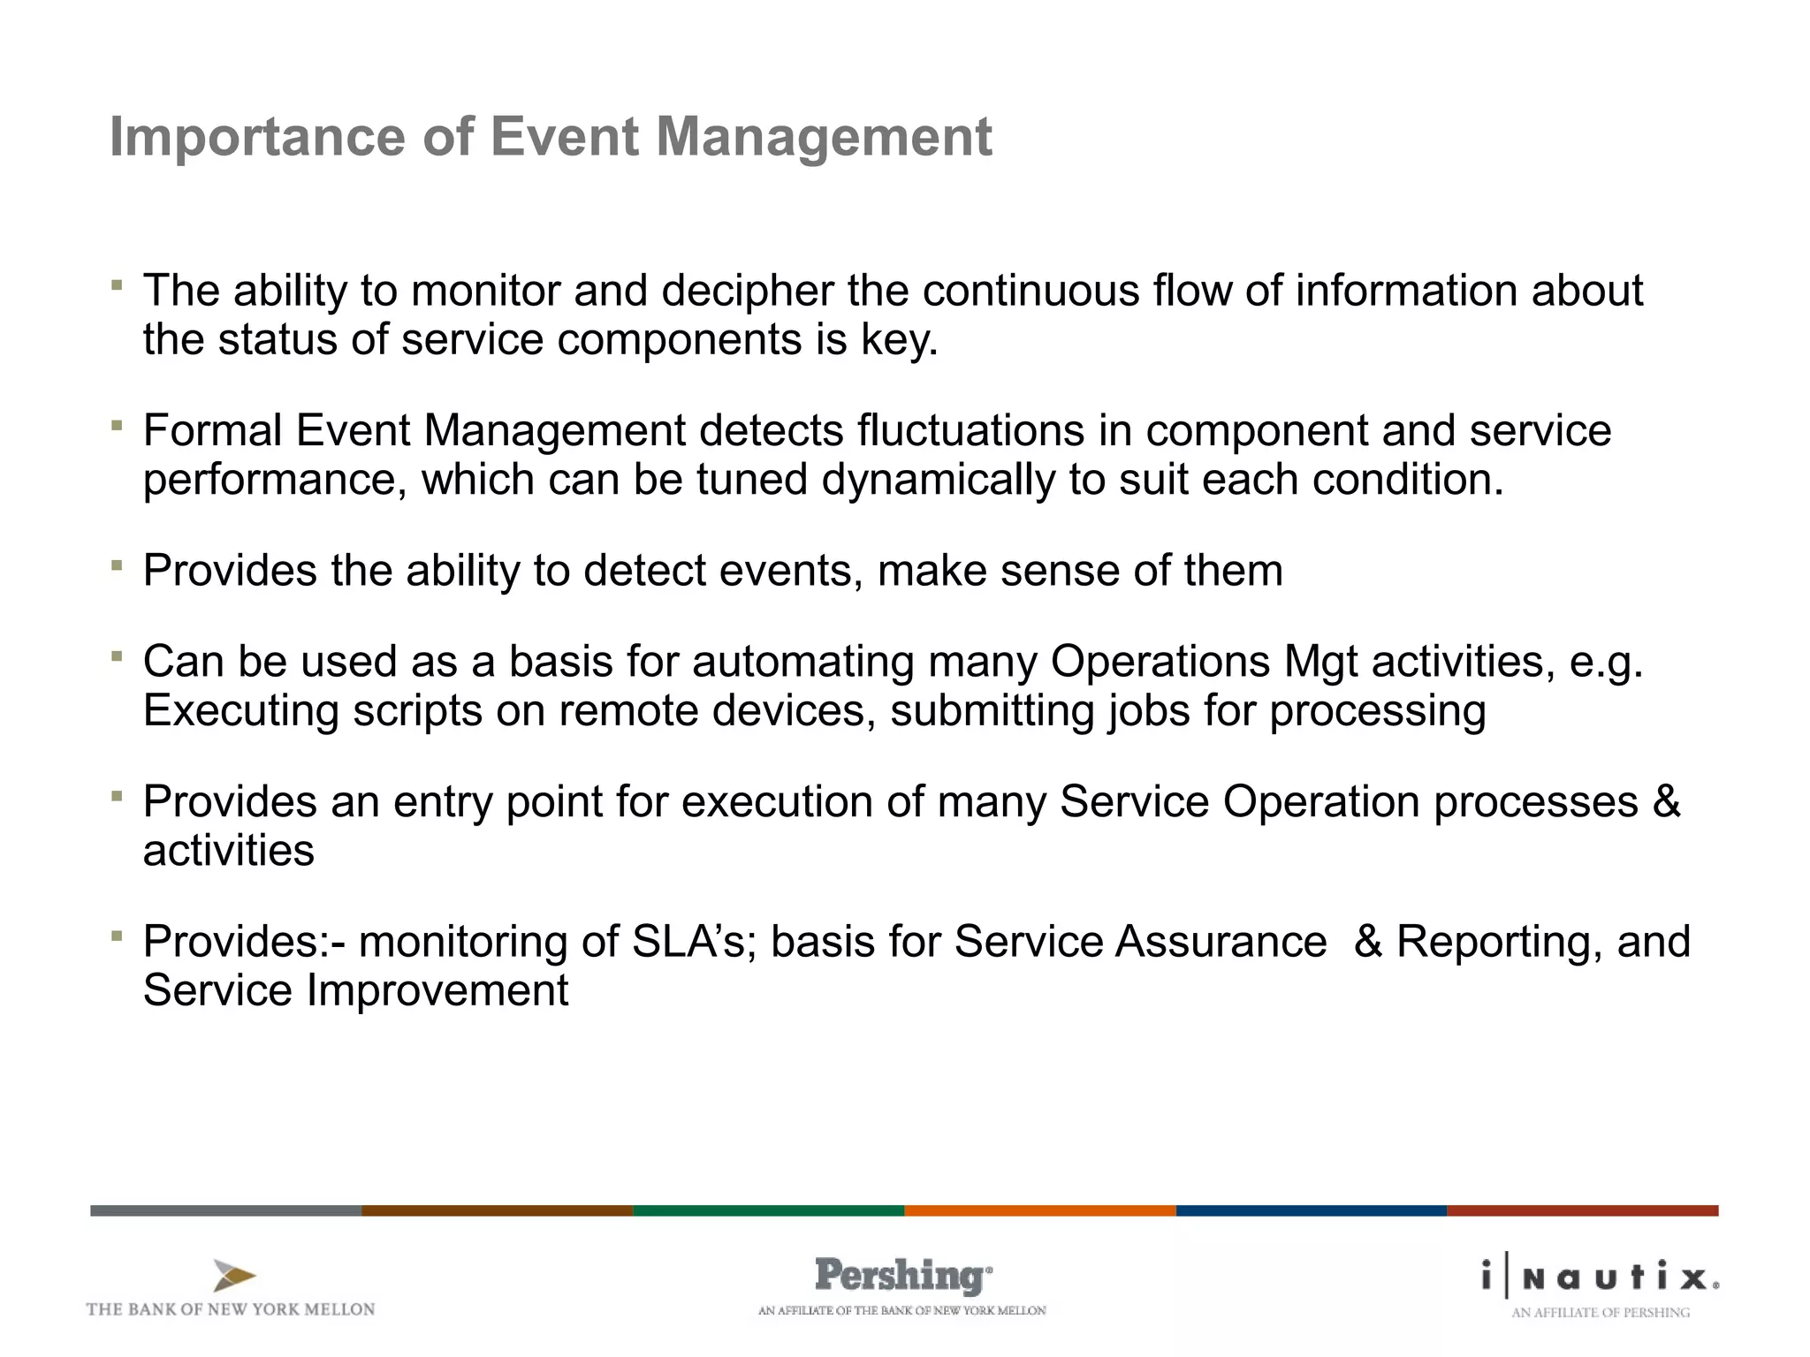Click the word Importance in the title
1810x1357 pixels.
[257, 138]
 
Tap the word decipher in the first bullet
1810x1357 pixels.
[747, 291]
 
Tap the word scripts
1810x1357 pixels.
[417, 711]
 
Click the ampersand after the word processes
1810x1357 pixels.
[1666, 801]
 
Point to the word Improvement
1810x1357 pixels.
[437, 990]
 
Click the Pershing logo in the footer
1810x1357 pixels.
[902, 1277]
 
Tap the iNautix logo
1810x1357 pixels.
[1601, 1277]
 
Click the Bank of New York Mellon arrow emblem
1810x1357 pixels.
[234, 1276]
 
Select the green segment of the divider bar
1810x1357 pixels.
[768, 1210]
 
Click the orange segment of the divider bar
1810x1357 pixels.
[1039, 1210]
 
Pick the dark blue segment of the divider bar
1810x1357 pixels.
[1311, 1210]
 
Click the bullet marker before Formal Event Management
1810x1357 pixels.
[117, 425]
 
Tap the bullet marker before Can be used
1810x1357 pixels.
[117, 656]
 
